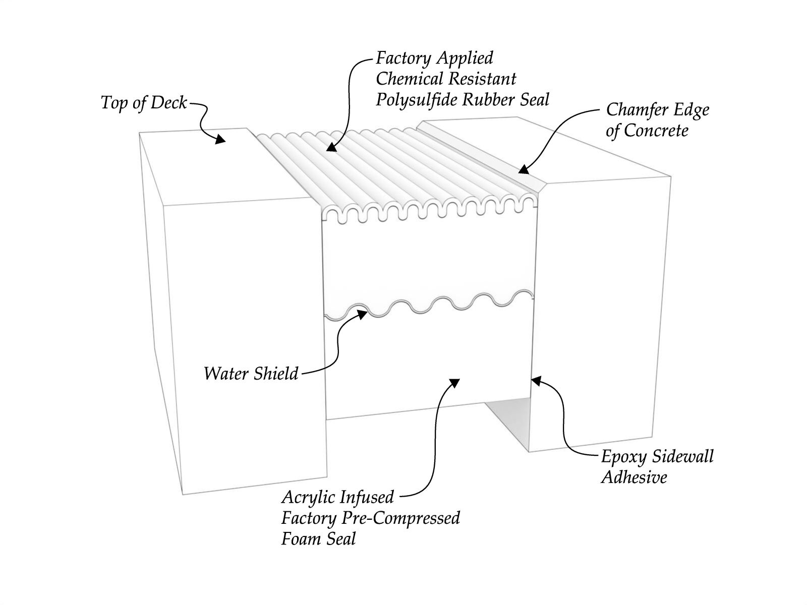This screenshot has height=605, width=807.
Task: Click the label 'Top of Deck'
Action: [144, 103]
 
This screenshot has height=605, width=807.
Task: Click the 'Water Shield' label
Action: [251, 374]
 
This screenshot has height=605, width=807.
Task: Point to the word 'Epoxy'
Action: [623, 457]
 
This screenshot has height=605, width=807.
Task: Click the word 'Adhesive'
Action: [634, 477]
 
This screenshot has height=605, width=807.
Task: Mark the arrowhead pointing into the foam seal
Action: [454, 383]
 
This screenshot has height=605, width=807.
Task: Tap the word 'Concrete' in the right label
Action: [656, 131]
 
